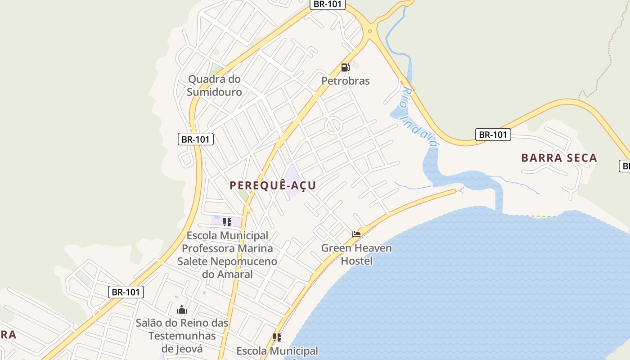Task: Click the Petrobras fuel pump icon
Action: (x=345, y=67)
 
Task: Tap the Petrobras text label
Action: (x=345, y=81)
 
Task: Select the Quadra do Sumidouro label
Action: (x=214, y=85)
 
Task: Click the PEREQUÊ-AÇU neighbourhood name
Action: (x=273, y=185)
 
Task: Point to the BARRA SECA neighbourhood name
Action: (x=559, y=158)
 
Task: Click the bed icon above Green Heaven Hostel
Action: (x=356, y=234)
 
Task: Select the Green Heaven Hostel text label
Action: (x=356, y=254)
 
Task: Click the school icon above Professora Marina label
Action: (x=227, y=222)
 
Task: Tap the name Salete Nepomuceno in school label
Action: (x=227, y=261)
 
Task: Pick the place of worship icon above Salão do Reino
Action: (x=182, y=310)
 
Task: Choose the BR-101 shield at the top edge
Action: (x=328, y=4)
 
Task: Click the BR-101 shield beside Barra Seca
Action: (x=493, y=135)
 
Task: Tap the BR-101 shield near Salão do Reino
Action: (x=126, y=292)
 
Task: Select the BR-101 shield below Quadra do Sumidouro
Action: (x=195, y=139)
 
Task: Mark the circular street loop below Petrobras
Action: (x=333, y=126)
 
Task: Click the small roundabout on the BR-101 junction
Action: (x=370, y=31)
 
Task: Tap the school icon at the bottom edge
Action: (x=277, y=337)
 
